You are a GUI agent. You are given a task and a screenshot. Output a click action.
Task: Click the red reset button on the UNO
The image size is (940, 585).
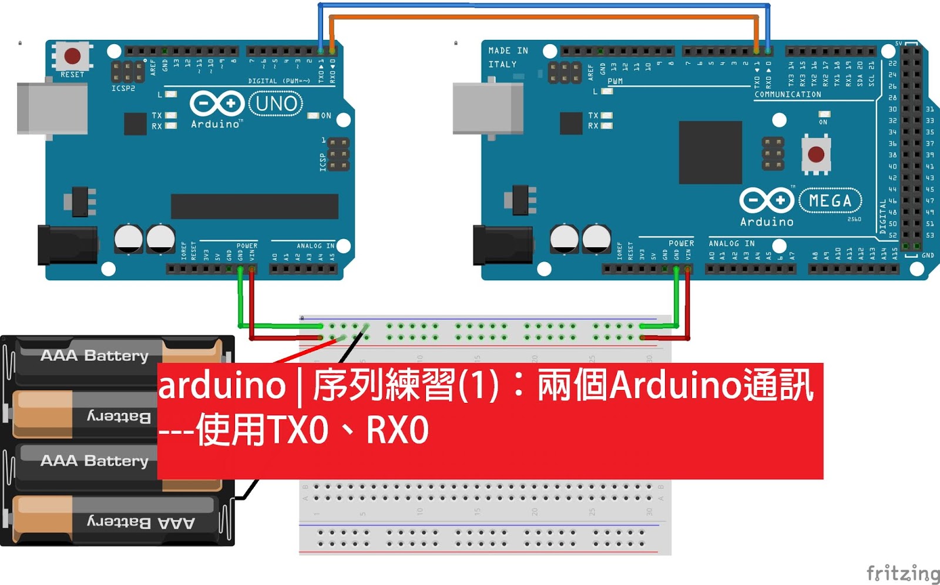pos(72,56)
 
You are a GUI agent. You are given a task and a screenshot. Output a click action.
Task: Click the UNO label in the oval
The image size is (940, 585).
pos(276,104)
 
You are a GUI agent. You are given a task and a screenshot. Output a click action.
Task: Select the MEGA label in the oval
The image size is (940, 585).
pos(830,201)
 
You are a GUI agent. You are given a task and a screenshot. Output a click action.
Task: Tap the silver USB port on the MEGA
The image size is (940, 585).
pos(488,109)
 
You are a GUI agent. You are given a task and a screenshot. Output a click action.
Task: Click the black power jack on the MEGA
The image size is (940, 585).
pos(502,245)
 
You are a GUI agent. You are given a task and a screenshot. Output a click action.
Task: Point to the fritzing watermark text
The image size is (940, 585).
pos(903,573)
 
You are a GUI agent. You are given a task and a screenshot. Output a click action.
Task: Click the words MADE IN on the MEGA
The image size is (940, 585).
pos(508,51)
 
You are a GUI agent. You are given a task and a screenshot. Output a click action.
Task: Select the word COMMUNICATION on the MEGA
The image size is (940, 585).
pos(787,95)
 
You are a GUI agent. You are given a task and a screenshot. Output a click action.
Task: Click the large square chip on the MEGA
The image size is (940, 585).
pos(710,153)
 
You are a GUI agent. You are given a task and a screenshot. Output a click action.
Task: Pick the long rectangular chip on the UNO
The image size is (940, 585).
pos(254,206)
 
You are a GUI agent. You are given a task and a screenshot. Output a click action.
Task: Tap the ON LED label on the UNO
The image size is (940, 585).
pos(326,116)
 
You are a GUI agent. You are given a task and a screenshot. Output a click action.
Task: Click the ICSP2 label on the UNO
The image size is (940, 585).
pos(123,88)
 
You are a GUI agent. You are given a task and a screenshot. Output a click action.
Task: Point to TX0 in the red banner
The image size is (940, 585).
pos(298,430)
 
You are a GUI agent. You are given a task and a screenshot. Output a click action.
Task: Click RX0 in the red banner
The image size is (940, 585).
pos(398,430)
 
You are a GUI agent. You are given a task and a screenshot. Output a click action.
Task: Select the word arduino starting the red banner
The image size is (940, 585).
pos(222,386)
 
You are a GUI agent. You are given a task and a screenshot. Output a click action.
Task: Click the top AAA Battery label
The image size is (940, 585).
pos(94,355)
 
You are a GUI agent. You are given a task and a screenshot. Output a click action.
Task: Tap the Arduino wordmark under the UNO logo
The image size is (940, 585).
pos(216,124)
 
